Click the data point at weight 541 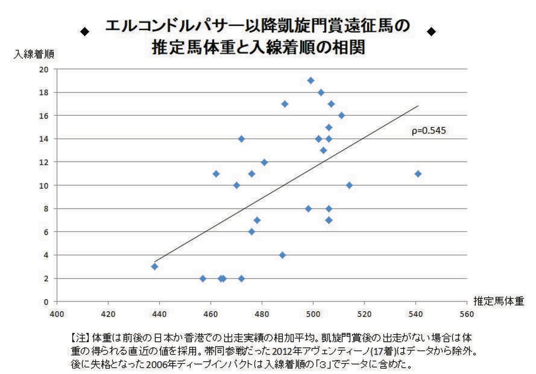click(x=418, y=174)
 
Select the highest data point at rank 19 click(x=311, y=80)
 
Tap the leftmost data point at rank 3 click(x=155, y=266)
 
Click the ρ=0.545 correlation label click(x=429, y=130)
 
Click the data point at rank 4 click(x=282, y=255)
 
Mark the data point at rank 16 click(x=341, y=115)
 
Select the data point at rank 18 click(x=321, y=92)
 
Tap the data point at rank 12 click(x=264, y=162)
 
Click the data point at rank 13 click(x=323, y=150)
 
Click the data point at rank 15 click(x=329, y=127)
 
